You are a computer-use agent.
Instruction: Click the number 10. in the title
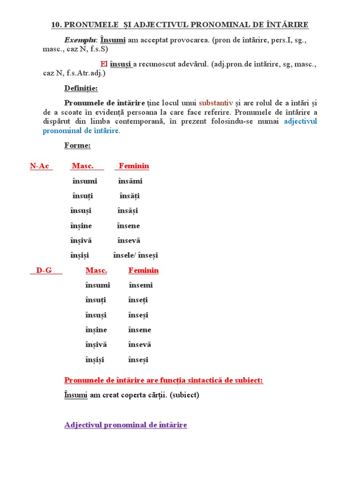click(x=57, y=25)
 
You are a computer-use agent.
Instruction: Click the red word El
click(x=104, y=64)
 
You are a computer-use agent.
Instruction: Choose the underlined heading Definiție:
click(x=81, y=88)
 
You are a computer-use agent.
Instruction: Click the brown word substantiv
click(x=216, y=103)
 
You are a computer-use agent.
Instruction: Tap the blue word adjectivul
click(x=300, y=121)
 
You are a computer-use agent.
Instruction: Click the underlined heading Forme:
click(x=77, y=145)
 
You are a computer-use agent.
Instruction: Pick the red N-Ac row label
click(x=40, y=166)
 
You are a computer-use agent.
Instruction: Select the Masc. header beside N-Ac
click(x=82, y=166)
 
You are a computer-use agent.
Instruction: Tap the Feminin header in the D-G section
click(x=143, y=270)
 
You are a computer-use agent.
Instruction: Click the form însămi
click(x=130, y=181)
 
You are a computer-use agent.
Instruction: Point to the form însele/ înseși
click(x=135, y=255)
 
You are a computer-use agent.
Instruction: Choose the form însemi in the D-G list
click(x=141, y=285)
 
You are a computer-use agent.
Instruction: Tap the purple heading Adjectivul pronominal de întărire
click(x=126, y=425)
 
